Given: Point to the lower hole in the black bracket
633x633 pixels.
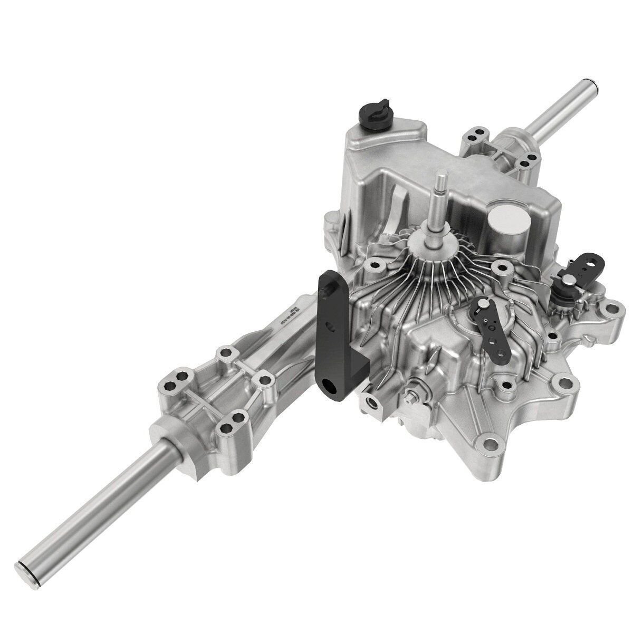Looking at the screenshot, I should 332,389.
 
